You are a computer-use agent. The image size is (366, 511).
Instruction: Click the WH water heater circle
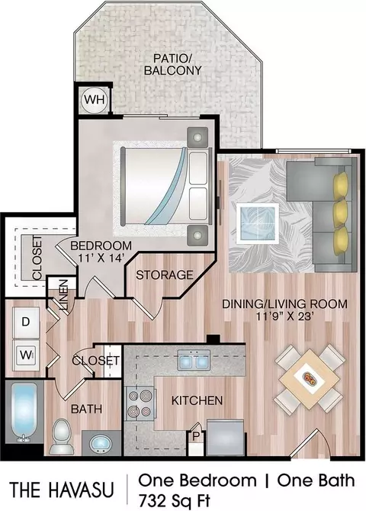point(95,99)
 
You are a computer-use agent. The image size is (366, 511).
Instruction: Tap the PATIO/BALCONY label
point(173,65)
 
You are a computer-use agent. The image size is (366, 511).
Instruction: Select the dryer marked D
point(26,322)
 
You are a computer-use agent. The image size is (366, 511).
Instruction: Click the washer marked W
point(26,355)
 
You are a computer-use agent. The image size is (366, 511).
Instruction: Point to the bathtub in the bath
point(24,412)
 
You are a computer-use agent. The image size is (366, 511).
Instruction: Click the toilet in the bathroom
point(62,436)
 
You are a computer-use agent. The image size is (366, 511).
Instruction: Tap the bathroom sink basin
point(101,444)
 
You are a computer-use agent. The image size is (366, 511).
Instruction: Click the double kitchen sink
point(194,360)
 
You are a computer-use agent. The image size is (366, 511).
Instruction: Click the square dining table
point(310,380)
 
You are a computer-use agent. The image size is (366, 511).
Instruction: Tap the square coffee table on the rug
point(258,223)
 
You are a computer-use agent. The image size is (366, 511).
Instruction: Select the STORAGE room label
point(165,275)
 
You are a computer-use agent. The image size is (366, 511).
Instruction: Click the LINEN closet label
point(64,294)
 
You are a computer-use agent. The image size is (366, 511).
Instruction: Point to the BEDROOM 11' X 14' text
point(101,252)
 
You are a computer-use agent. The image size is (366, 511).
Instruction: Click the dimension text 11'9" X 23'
point(284,317)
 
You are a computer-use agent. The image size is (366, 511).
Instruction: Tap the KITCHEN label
point(197,400)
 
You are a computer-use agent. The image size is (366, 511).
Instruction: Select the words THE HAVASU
point(62,490)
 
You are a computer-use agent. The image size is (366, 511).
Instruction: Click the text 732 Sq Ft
point(175,501)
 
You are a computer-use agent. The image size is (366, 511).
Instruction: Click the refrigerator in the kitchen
point(225,438)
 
